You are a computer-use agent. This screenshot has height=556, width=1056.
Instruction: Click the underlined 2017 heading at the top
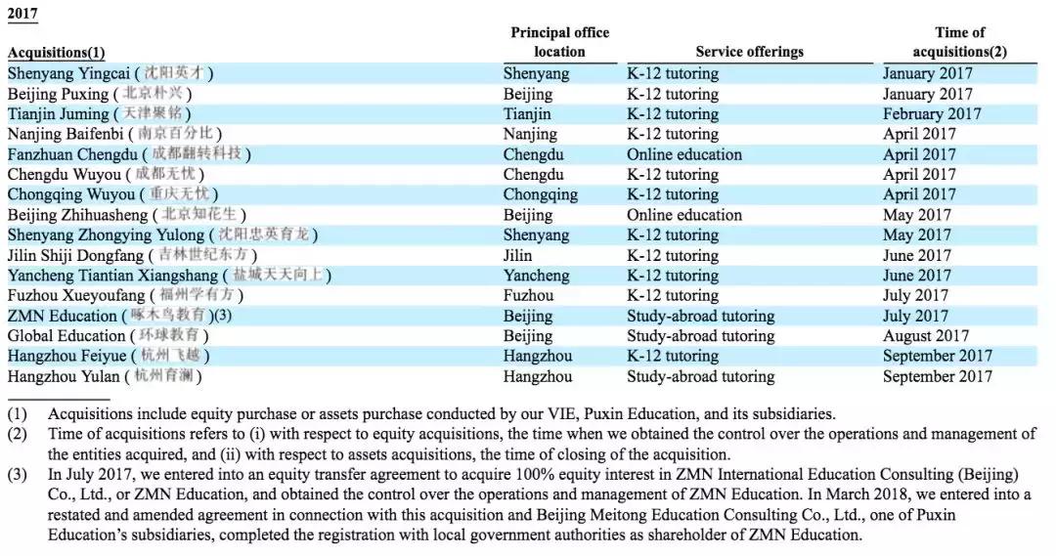pos(23,14)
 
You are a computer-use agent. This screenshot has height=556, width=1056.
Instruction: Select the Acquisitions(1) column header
pos(56,53)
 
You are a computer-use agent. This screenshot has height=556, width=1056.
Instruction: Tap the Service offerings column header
pos(749,52)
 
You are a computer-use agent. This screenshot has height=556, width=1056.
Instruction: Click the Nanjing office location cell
pos(531,134)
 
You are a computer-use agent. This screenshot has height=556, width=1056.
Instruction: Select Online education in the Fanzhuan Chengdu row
pos(683,154)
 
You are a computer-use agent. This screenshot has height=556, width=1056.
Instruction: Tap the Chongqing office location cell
pos(540,194)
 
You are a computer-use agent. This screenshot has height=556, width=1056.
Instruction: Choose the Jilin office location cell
pos(517,255)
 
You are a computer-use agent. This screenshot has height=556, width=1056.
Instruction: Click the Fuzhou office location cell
pos(528,295)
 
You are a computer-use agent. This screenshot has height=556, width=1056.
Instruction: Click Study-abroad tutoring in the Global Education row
pos(700,336)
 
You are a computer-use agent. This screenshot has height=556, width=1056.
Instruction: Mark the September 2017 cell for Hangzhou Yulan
pos(937,376)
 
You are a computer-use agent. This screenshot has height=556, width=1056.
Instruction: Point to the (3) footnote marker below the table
pos(17,476)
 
